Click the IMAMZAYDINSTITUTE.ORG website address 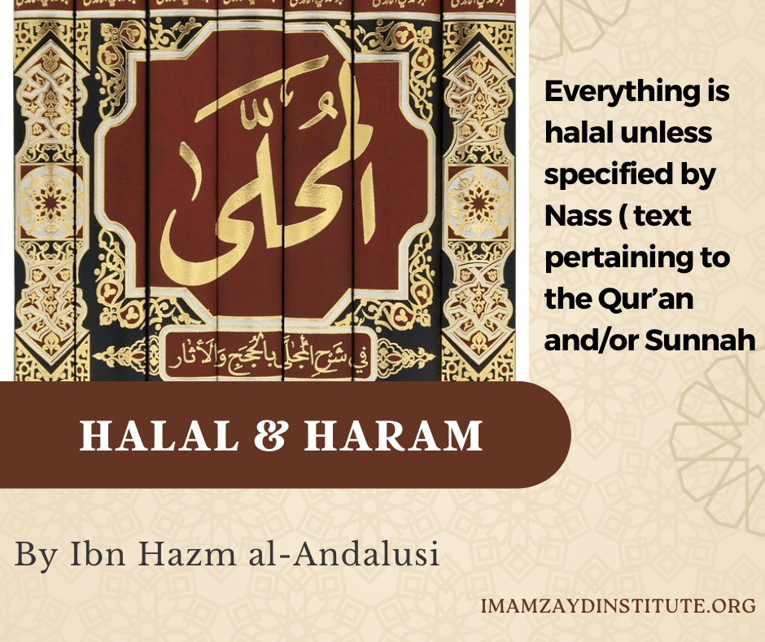pos(619,607)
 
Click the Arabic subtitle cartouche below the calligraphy pos(269,354)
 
